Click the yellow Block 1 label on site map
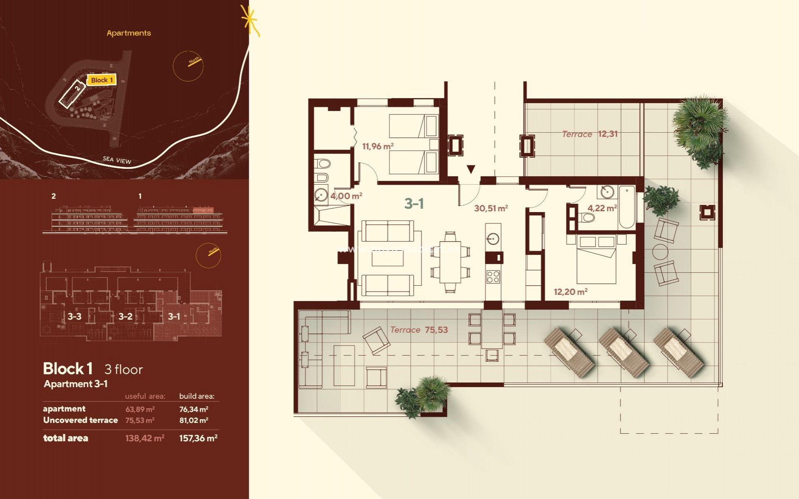(102, 80)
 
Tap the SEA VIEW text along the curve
(117, 160)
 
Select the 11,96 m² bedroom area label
(377, 146)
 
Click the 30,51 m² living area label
(491, 208)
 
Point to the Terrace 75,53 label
(419, 330)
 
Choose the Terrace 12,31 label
(589, 134)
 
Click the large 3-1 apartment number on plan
(414, 203)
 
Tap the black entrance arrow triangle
(471, 169)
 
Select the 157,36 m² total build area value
(198, 438)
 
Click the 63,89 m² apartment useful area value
(140, 409)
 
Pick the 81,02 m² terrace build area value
(194, 420)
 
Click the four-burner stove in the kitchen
(493, 277)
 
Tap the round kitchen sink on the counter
(493, 239)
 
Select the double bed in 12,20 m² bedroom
(596, 260)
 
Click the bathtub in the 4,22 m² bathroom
(626, 207)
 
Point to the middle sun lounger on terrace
(623, 352)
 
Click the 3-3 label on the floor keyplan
(74, 316)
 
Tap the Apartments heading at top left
(129, 33)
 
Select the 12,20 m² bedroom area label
(570, 292)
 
